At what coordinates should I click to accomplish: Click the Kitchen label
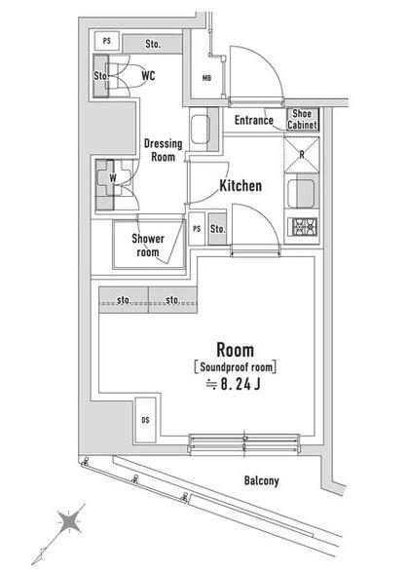[240, 186]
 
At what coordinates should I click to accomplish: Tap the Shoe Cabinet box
[303, 119]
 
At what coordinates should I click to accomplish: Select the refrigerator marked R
[301, 155]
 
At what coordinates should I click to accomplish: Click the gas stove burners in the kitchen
[302, 227]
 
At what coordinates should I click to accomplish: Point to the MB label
[206, 78]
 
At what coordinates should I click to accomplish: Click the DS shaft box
[145, 420]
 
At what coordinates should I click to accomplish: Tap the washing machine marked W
[113, 178]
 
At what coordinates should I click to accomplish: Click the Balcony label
[262, 480]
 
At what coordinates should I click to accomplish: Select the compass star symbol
[68, 521]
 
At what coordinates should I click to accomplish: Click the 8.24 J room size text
[233, 384]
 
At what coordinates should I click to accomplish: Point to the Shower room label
[148, 246]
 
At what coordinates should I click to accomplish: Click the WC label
[148, 76]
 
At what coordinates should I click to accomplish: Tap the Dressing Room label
[163, 150]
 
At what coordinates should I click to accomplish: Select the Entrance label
[253, 120]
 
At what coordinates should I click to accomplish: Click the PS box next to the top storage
[107, 41]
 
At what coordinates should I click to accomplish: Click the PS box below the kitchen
[197, 229]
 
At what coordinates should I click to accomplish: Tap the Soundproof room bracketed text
[236, 367]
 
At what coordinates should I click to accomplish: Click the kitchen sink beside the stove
[301, 194]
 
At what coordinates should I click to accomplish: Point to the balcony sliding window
[244, 443]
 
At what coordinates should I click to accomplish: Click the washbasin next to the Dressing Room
[200, 130]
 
